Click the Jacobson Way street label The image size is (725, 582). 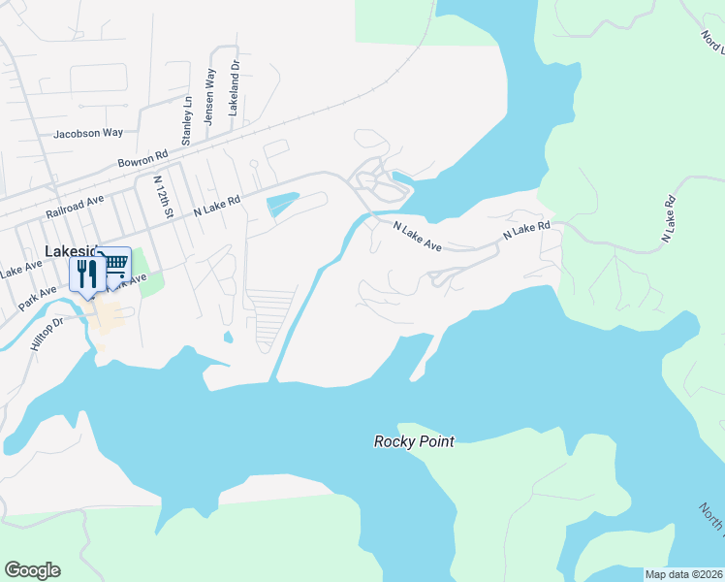88,133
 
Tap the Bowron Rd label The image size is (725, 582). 142,158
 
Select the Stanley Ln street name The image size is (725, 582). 188,119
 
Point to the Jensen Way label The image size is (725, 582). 209,97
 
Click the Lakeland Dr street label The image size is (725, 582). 234,88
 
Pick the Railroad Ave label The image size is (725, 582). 74,206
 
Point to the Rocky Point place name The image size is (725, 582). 414,441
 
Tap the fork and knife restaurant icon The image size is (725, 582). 85,274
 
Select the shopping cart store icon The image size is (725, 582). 114,264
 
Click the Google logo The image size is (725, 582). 32,570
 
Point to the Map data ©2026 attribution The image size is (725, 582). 682,573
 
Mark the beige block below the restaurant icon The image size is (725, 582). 109,315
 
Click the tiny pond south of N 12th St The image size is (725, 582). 227,338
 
